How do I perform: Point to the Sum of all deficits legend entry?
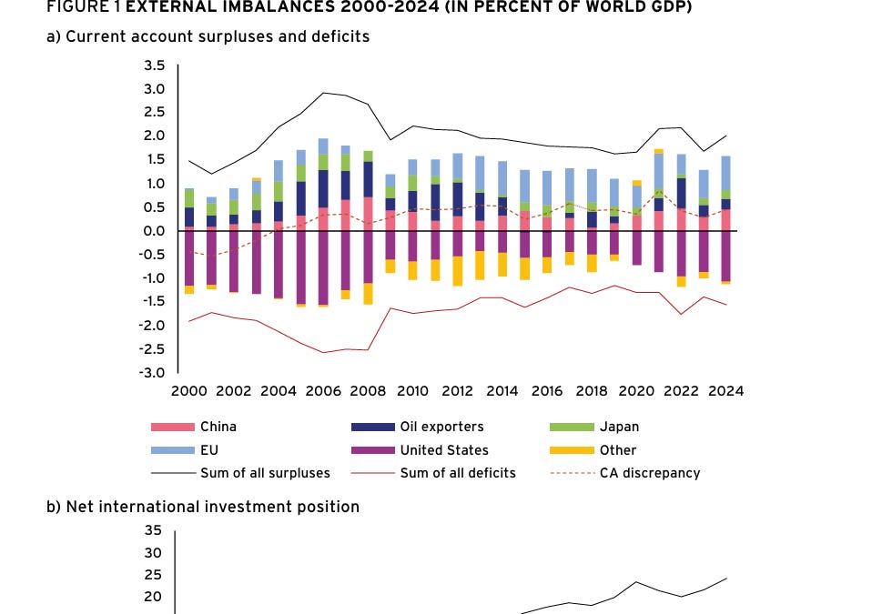click(x=458, y=473)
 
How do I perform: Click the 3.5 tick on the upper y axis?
click(x=154, y=66)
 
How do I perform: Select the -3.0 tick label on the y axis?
click(x=152, y=373)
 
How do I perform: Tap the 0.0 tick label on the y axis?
click(x=154, y=231)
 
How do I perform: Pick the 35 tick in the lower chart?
click(x=153, y=530)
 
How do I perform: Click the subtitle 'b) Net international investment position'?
click(x=202, y=507)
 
